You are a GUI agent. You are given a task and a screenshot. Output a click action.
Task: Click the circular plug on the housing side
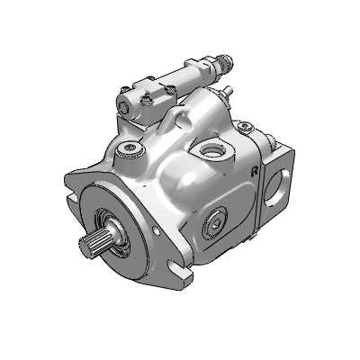(x=216, y=222)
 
